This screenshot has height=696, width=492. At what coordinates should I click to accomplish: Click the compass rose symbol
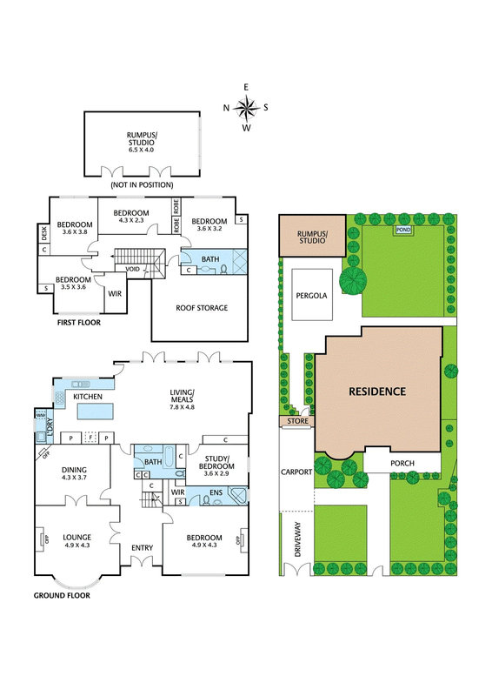(x=246, y=108)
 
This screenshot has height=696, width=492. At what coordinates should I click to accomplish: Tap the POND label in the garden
(x=403, y=230)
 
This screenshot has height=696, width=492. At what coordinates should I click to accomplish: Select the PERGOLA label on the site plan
(x=311, y=296)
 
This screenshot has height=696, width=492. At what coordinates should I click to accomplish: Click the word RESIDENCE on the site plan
(x=377, y=391)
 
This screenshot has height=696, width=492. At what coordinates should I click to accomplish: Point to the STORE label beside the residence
(x=297, y=421)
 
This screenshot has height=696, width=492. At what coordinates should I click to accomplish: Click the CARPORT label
(x=296, y=472)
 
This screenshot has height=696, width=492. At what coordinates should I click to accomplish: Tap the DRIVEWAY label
(x=297, y=539)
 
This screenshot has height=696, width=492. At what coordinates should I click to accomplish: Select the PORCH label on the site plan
(x=402, y=464)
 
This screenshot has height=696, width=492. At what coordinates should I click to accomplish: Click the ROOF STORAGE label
(x=202, y=308)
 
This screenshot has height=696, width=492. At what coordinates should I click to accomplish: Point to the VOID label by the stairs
(x=133, y=270)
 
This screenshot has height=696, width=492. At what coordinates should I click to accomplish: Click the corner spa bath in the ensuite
(x=237, y=496)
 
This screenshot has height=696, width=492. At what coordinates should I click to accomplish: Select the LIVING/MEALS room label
(x=183, y=396)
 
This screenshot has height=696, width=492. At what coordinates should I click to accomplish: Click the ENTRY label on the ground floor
(x=142, y=548)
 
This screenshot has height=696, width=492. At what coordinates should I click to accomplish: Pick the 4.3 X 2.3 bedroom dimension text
(x=131, y=220)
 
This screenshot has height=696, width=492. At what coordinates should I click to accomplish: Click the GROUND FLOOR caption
(x=62, y=596)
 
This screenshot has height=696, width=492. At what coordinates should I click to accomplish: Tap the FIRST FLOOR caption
(x=79, y=323)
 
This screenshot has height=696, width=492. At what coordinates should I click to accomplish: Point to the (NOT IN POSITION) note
(x=142, y=184)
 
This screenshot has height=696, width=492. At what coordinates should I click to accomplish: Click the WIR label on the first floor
(x=115, y=294)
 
